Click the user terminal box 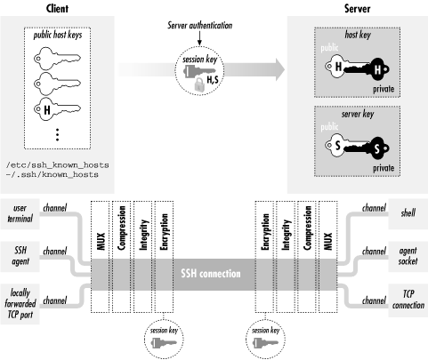tap(20, 213)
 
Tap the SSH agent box tap(20, 253)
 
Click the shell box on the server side tap(407, 213)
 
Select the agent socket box tap(406, 253)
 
